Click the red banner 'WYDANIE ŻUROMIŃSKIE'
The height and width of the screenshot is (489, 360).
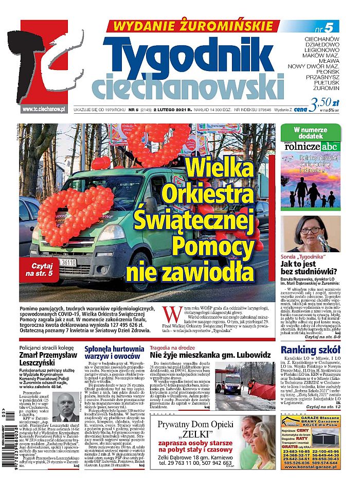pos(192,26)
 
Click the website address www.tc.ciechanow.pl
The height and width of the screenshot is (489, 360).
pos(43,109)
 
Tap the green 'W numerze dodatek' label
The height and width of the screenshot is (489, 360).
pos(311,133)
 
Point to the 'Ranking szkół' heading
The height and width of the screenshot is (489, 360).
pos(310,350)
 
